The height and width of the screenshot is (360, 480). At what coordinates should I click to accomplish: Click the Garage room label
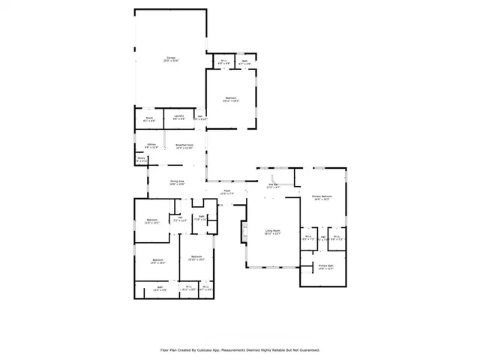pos(171,59)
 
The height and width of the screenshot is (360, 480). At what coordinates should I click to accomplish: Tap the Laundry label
pos(179,118)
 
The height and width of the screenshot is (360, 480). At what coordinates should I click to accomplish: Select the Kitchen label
pos(151,145)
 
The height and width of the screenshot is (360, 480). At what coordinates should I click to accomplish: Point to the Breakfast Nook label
pos(184,145)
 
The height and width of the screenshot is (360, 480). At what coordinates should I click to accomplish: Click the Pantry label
pos(141,159)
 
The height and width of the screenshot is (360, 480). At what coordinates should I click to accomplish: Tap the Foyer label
pos(226,193)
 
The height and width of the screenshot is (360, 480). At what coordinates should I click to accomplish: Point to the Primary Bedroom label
pos(322,198)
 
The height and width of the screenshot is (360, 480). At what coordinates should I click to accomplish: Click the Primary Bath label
pos(325,267)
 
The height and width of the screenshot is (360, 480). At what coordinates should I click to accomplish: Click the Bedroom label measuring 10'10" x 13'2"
pos(196,258)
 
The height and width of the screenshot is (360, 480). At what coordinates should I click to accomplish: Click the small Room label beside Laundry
pos(148,118)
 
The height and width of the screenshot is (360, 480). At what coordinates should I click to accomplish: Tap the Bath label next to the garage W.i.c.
pos(244,63)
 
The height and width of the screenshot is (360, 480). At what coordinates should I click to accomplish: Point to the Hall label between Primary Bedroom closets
pos(322,238)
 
